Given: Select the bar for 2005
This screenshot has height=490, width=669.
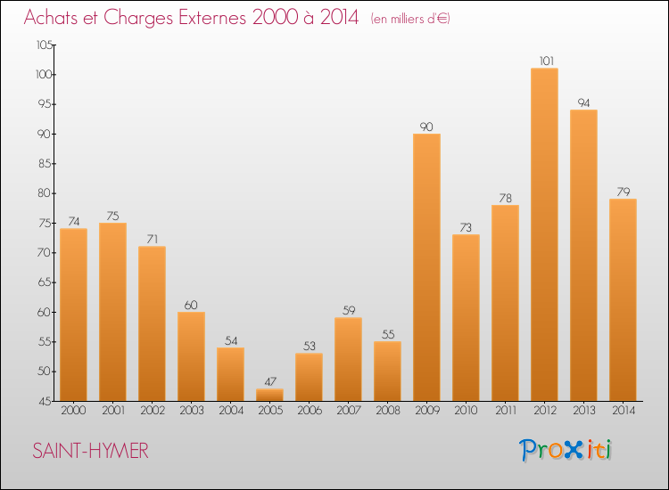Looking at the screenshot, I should (x=269, y=395).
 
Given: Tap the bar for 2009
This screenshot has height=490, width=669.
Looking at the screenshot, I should (x=426, y=267).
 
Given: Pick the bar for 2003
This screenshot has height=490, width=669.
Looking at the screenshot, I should (x=191, y=356).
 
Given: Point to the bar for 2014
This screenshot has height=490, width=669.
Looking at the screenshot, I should (x=623, y=299).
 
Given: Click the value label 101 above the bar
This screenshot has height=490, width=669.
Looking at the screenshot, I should (x=544, y=61).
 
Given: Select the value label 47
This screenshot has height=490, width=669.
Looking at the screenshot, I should (x=269, y=382).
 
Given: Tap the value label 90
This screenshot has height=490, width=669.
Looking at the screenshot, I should (x=426, y=127).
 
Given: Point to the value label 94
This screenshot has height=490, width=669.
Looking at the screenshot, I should (x=583, y=103).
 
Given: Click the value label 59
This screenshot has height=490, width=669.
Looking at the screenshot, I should (x=348, y=311).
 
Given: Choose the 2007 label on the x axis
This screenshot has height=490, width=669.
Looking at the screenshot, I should (x=348, y=411).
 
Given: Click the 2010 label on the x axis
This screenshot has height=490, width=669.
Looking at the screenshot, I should (x=466, y=411).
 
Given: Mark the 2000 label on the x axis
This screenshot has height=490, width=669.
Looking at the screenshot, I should (x=73, y=411).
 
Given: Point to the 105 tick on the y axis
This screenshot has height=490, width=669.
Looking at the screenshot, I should (x=43, y=45).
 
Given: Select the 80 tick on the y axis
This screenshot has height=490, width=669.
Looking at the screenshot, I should (x=45, y=193).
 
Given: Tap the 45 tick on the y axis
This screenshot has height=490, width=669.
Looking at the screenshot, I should (x=45, y=401).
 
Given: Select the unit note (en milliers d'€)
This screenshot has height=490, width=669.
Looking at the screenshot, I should (x=410, y=19).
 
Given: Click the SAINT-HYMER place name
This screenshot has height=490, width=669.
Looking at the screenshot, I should (x=90, y=451).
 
